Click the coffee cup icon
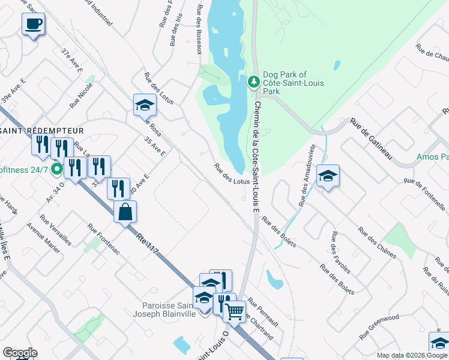click(33, 25)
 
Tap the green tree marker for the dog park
click(253, 81)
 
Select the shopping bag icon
click(125, 212)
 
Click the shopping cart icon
click(234, 311)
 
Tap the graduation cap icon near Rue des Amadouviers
click(328, 176)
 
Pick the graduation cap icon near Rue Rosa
click(145, 105)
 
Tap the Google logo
click(20, 353)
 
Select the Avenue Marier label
click(43, 238)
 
